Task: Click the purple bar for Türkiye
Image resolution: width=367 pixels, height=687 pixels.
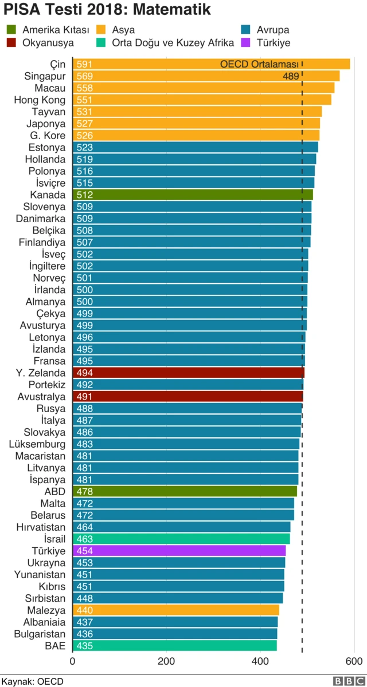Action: [x=179, y=551]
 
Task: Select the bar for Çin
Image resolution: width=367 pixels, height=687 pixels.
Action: [x=211, y=64]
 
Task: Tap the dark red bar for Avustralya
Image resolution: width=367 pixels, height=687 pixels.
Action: [x=188, y=397]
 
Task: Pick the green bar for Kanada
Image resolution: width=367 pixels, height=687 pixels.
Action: [x=193, y=195]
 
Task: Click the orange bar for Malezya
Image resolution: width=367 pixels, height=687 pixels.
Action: [x=175, y=610]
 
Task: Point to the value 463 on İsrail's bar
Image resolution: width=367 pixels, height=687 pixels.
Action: [x=85, y=539]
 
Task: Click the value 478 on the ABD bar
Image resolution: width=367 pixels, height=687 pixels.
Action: [x=85, y=492]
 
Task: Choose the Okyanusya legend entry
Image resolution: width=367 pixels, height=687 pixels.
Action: [x=47, y=42]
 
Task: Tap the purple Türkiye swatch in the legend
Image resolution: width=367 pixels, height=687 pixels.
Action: [x=247, y=42]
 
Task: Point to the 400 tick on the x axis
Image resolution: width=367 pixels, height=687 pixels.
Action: [x=260, y=661]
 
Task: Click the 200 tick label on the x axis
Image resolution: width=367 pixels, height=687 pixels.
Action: [x=167, y=661]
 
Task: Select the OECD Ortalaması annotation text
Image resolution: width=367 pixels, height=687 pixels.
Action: [x=259, y=64]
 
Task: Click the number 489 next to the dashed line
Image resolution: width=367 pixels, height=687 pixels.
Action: [x=291, y=76]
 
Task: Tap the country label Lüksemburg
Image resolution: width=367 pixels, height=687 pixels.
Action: [x=37, y=444]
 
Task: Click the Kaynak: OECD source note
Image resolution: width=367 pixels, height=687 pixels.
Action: [x=32, y=681]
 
